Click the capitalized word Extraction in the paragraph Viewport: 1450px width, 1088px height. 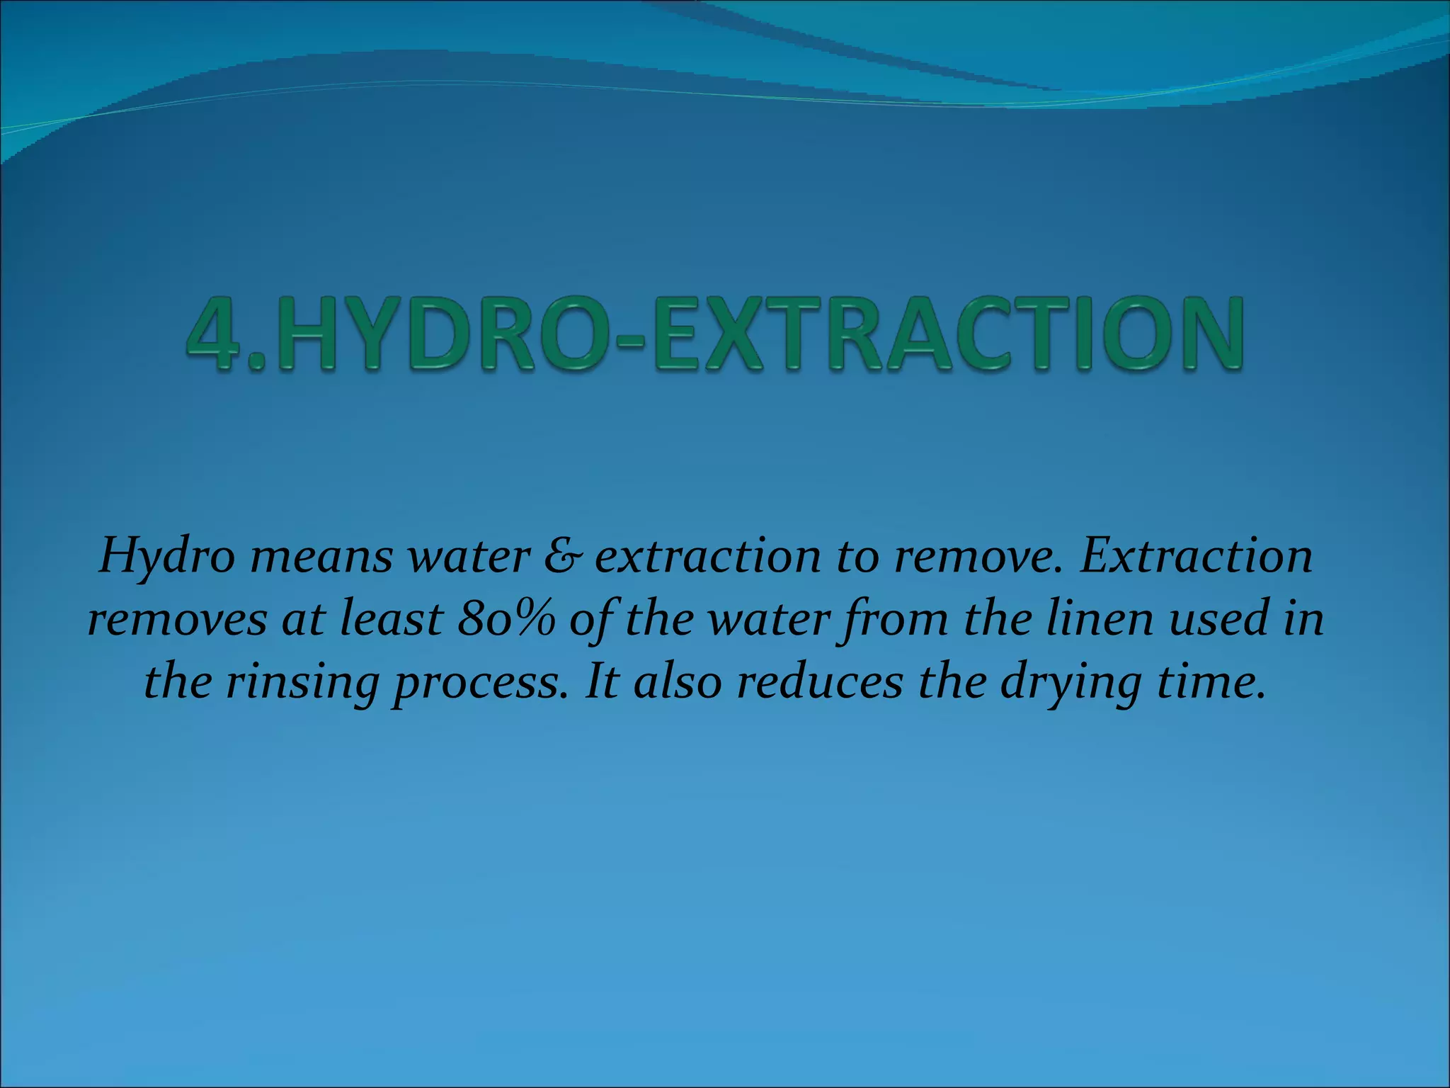tap(1197, 556)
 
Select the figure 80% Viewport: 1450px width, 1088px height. tap(506, 618)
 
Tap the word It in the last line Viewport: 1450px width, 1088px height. tap(603, 682)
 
